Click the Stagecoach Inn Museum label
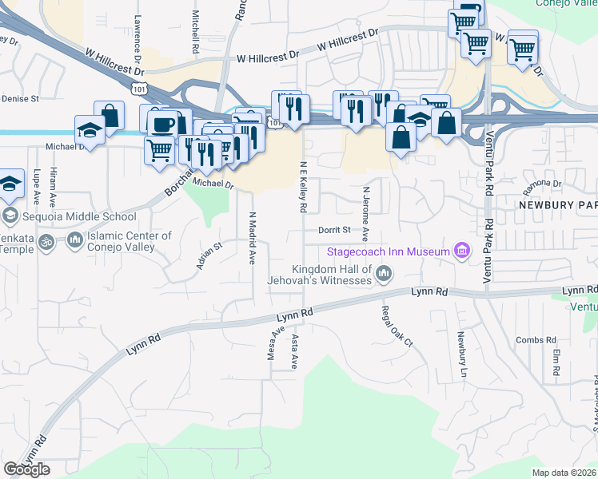click(x=388, y=251)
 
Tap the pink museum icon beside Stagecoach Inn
click(x=461, y=251)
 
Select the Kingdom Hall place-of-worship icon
click(x=384, y=274)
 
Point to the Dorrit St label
click(x=335, y=230)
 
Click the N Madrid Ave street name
click(x=252, y=238)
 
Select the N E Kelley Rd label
click(x=303, y=187)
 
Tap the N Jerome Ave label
click(x=365, y=214)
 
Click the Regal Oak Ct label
click(x=397, y=327)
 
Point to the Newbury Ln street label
click(x=461, y=354)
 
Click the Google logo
click(x=27, y=469)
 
